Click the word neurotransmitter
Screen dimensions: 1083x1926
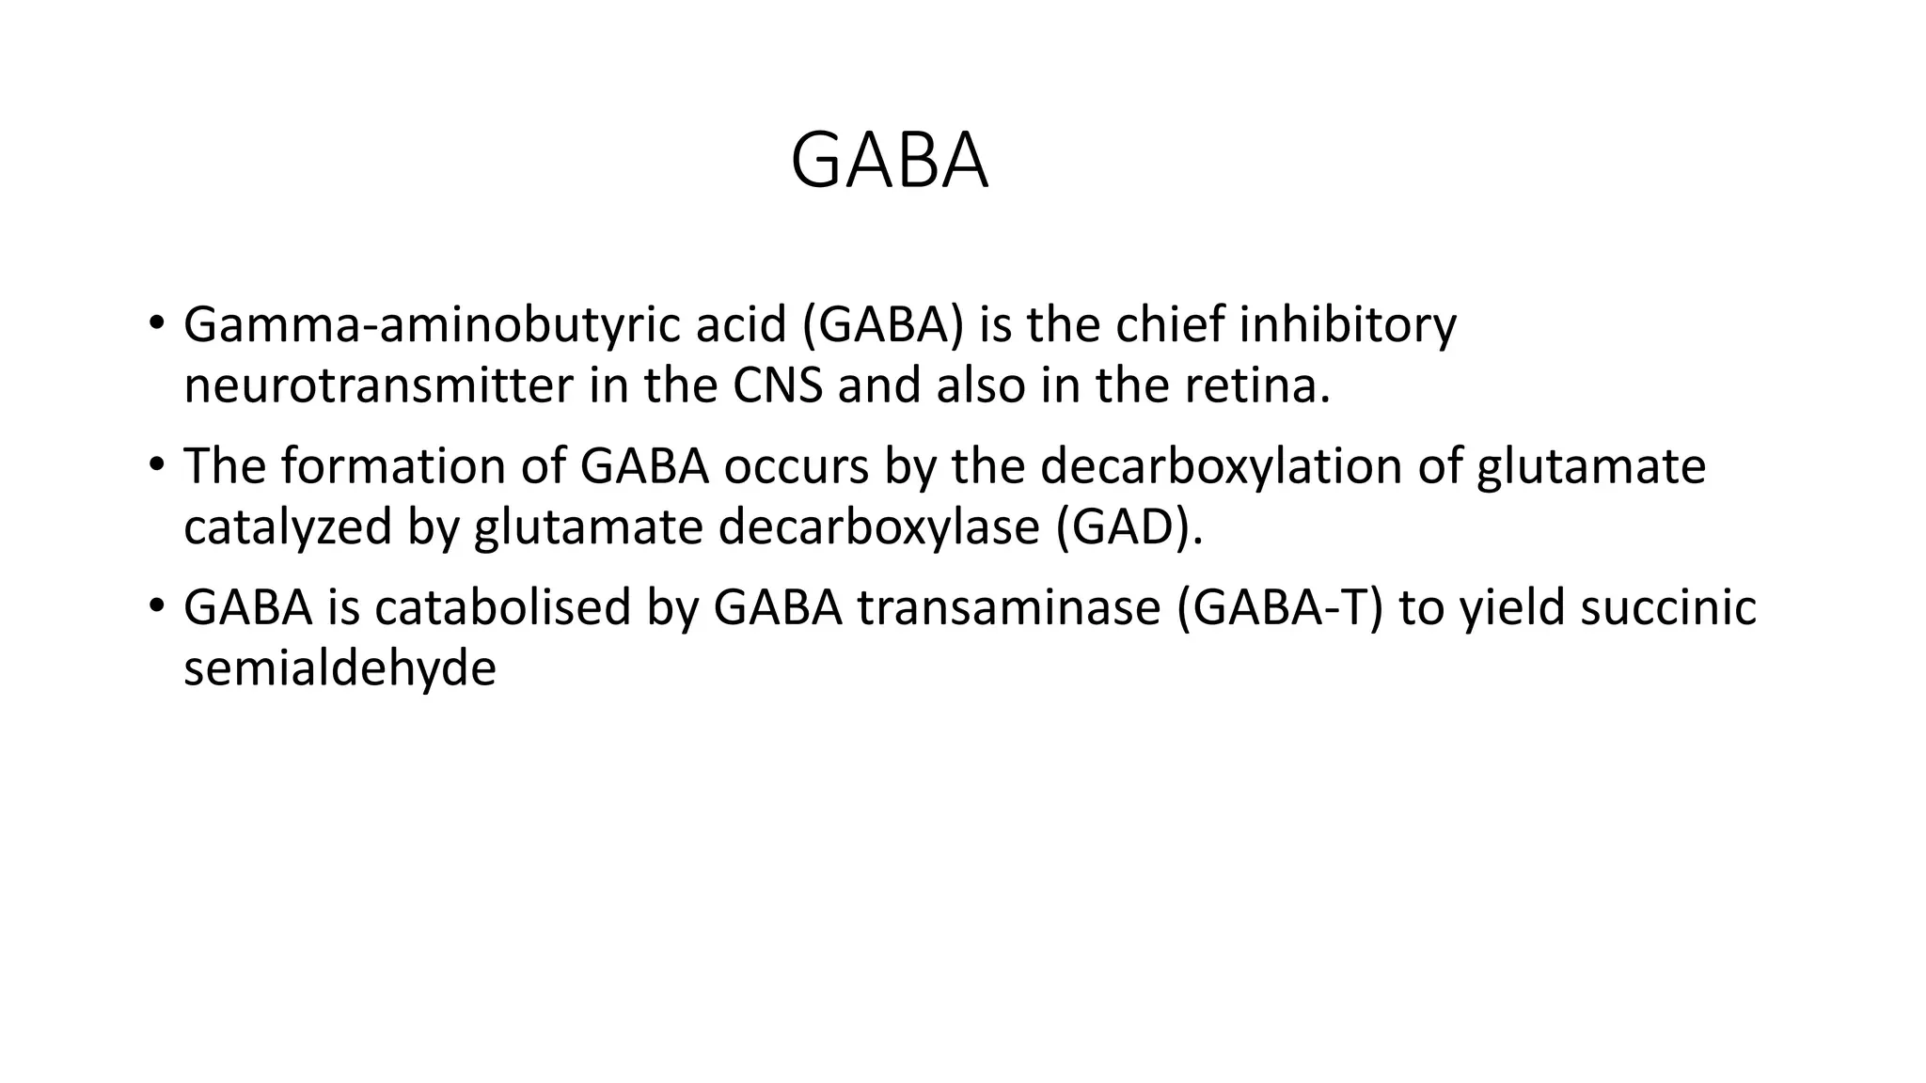[x=377, y=386]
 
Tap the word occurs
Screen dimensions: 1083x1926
[x=796, y=466]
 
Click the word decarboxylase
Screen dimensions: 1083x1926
[x=879, y=527]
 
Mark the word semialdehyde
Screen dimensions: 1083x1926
[x=339, y=668]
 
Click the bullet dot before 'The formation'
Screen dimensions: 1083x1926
[x=156, y=464]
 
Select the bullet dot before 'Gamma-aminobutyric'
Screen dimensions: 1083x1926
[x=156, y=323]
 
